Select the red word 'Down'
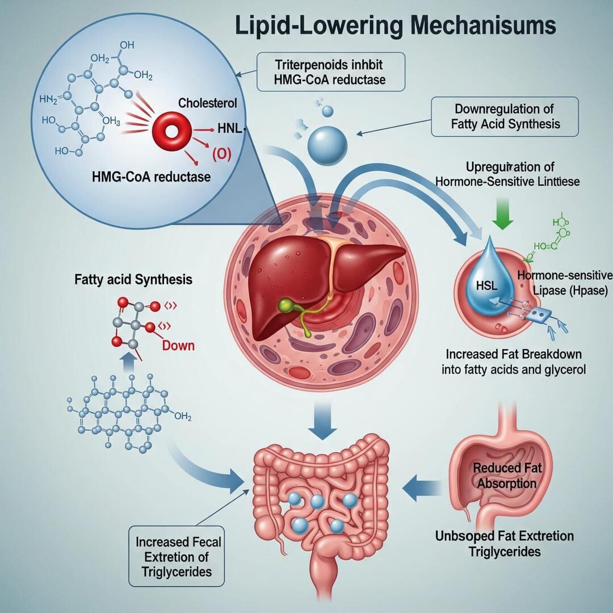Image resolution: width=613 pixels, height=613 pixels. pos(178,345)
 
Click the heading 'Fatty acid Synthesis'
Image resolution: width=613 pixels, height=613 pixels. pos(133,280)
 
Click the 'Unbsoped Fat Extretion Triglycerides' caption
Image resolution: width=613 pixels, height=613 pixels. pos(505,543)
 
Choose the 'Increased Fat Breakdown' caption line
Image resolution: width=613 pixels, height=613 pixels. pos(513,355)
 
